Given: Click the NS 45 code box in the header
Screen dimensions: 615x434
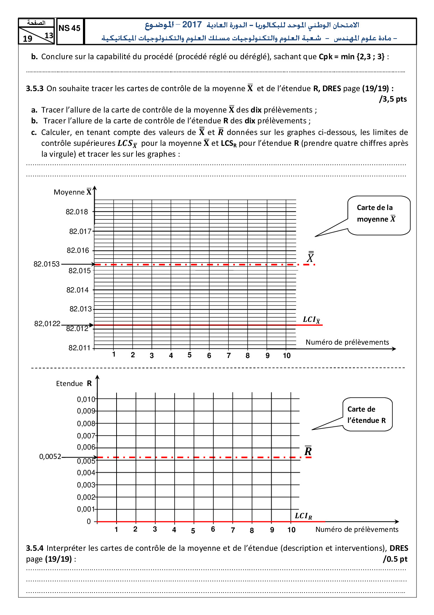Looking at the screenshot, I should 70,28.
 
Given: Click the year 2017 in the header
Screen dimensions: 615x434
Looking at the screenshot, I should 192,25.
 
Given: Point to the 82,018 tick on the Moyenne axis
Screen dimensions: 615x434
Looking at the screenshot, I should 77,212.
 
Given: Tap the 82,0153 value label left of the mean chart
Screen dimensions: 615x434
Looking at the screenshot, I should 47,264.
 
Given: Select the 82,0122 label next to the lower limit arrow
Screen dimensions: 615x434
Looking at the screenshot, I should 47,324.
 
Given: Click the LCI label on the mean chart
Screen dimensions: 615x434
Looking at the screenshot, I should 311,320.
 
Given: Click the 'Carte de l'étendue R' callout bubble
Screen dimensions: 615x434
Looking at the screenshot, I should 367,414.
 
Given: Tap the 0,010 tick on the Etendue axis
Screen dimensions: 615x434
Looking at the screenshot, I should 86,399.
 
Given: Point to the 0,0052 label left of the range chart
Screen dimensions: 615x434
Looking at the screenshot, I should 50,457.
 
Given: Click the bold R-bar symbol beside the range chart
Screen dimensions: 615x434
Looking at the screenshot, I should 308,451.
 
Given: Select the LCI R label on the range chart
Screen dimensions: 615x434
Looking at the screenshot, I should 303,516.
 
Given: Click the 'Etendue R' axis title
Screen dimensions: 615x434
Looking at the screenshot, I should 74,384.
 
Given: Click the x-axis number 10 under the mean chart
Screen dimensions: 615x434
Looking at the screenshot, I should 287,356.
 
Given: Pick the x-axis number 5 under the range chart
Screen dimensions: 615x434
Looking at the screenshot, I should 193,531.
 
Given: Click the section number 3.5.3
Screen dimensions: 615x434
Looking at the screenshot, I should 35,88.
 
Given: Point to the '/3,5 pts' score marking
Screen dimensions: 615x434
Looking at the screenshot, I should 393,99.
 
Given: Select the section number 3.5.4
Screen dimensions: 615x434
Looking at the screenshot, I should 35,548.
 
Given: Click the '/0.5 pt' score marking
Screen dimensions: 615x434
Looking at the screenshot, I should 395,559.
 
